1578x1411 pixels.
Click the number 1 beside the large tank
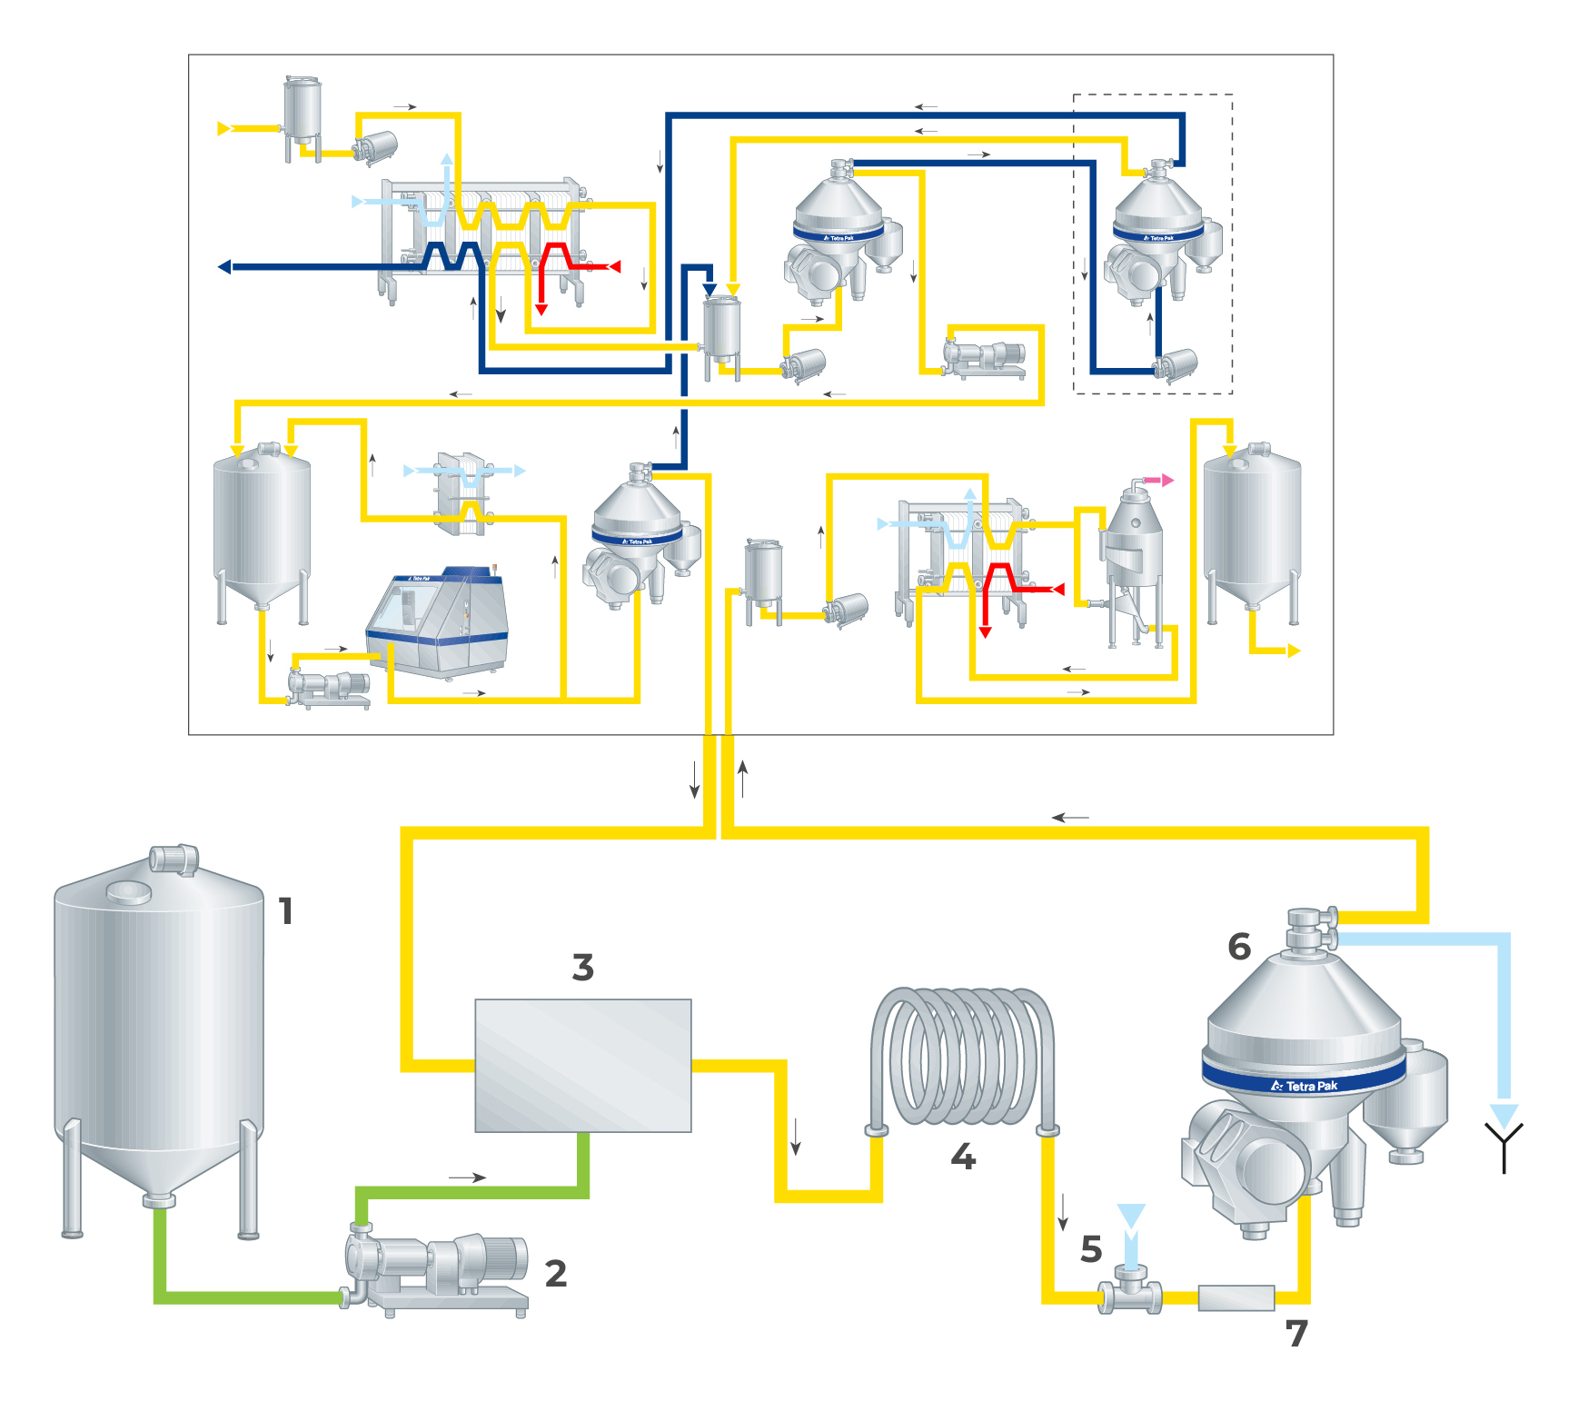(286, 910)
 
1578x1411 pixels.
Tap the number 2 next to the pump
(555, 1273)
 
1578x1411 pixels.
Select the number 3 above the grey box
(582, 967)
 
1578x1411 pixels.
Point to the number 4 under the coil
(963, 1157)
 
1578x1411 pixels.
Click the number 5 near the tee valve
(1091, 1249)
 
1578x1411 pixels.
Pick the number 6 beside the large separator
(1239, 947)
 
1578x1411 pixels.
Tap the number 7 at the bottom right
(1296, 1334)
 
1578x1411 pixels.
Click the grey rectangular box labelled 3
(582, 1065)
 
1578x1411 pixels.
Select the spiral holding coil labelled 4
(962, 1058)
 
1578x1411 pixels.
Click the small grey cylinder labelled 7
(1236, 1297)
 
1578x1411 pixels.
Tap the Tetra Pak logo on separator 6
(1305, 1086)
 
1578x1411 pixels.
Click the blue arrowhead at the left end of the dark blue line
(224, 267)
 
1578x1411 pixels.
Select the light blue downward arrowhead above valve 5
(1131, 1216)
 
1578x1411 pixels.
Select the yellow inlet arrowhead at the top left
(223, 129)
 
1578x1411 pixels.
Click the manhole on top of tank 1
(129, 892)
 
